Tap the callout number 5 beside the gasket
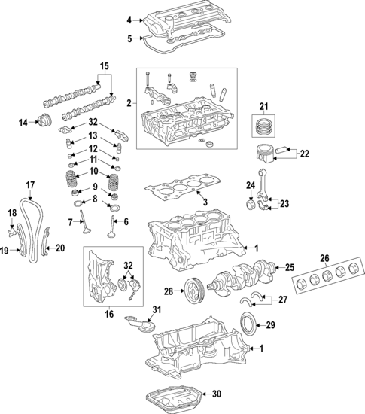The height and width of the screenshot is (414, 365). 129,38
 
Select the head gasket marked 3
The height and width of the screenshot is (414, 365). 181,188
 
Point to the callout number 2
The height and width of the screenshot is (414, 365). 129,102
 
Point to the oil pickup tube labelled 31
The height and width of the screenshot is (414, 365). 143,326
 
